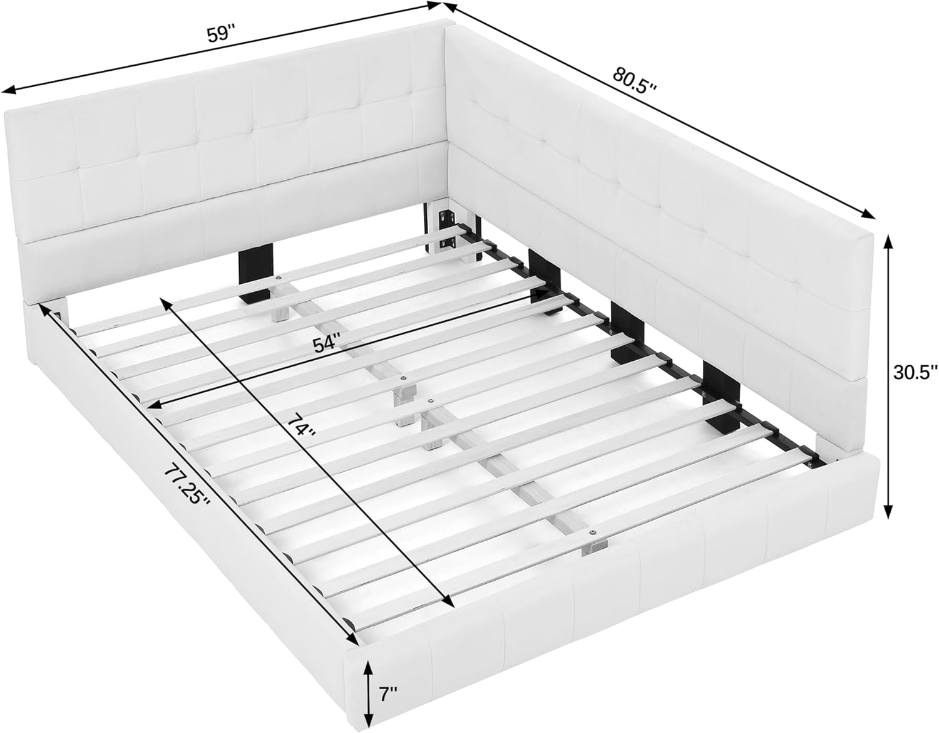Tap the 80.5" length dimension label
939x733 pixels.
[x=634, y=80]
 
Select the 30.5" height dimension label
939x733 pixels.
[x=915, y=372]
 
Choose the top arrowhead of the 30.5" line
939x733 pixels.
[x=888, y=238]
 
